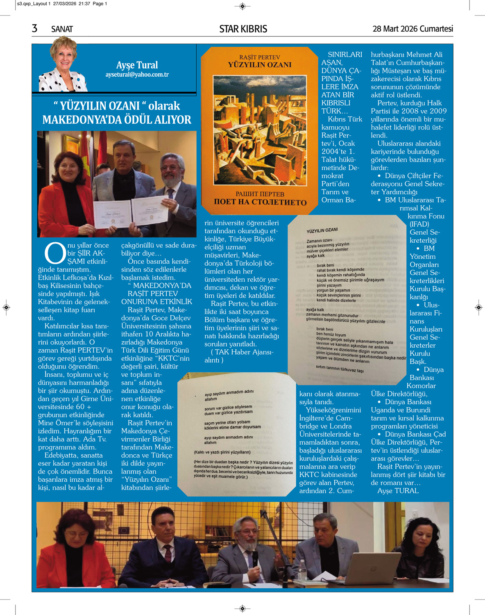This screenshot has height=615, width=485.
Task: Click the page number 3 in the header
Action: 35,28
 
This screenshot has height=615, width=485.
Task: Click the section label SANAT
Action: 62,29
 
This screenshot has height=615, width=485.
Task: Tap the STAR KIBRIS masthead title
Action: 243,29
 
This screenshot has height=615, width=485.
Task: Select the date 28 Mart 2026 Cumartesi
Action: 412,29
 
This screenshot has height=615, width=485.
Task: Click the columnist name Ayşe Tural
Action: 137,65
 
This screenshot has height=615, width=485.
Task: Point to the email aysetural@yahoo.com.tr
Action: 137,75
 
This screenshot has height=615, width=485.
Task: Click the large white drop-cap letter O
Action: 55,253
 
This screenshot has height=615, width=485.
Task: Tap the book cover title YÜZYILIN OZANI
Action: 260,65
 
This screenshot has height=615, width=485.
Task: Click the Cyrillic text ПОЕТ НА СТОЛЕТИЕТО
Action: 260,202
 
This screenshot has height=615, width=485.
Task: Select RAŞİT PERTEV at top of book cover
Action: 260,57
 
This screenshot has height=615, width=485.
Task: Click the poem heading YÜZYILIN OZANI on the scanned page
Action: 322,230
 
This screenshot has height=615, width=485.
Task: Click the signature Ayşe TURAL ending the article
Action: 398,491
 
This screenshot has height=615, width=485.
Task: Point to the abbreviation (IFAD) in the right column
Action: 419,224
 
